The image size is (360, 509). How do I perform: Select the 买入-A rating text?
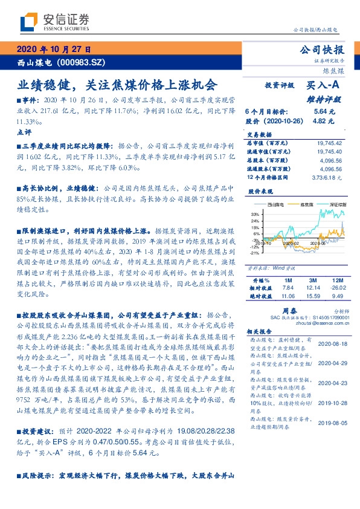tap(324, 86)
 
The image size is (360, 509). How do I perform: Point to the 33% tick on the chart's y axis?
tap(256, 214)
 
